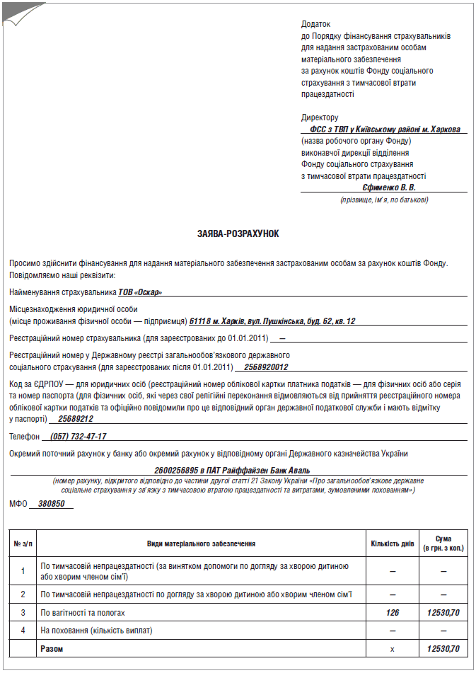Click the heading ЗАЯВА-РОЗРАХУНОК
tap(238, 233)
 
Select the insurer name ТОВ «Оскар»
tap(139, 292)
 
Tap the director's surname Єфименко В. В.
tap(389, 188)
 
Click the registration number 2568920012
tap(265, 367)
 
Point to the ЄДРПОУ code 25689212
tap(76, 419)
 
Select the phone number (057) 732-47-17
tap(79, 437)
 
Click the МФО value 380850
tap(51, 504)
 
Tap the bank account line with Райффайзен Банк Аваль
tap(232, 470)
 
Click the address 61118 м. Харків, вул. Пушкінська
tap(272, 321)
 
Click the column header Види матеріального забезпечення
tap(201, 543)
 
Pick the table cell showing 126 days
tap(393, 612)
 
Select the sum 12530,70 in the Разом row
tap(443, 648)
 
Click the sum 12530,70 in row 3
tap(443, 612)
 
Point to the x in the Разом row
tap(393, 648)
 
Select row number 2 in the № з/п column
tap(23, 594)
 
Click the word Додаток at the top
tap(315, 24)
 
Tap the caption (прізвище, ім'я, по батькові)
tap(384, 200)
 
